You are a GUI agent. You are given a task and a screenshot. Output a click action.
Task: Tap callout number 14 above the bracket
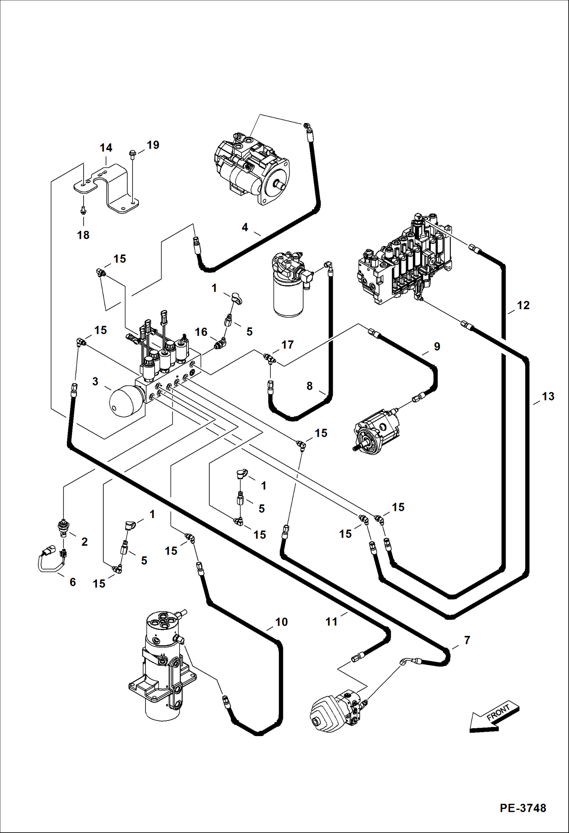pos(106,148)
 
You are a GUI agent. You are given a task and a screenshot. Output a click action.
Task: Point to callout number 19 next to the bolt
pos(153,145)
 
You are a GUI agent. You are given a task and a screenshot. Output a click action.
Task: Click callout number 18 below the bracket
pos(83,235)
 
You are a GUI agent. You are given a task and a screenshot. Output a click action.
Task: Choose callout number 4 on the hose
pos(245,227)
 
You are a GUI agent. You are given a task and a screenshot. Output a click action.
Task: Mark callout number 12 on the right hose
pos(523,305)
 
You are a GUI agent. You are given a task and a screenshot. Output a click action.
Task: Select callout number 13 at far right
pos(548,397)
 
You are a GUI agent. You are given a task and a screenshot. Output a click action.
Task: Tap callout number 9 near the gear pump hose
pos(437,346)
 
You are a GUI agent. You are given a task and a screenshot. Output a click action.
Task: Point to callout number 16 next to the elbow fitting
pos(201,332)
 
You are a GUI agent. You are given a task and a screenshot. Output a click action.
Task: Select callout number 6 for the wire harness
pos(73,582)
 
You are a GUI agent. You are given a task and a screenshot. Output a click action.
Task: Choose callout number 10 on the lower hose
pos(281,622)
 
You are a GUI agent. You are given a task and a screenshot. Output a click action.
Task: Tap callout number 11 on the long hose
pos(331,622)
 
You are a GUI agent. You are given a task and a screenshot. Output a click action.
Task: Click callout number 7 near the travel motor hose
pos(467,640)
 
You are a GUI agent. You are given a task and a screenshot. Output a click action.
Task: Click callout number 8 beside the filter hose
pos(310,386)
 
